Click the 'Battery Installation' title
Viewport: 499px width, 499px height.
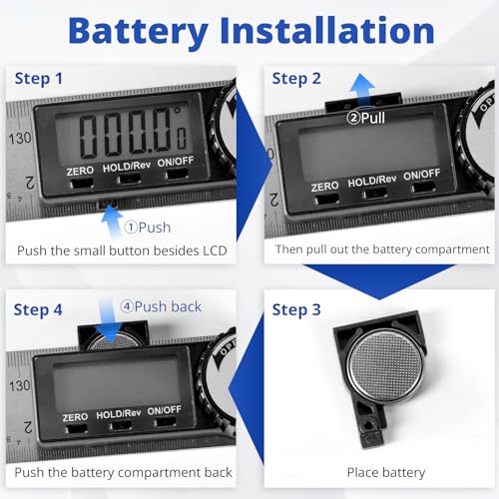click(251, 31)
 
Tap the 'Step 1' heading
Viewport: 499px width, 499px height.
click(39, 79)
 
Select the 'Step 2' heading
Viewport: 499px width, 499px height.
click(296, 79)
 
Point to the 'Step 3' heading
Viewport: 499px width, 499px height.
click(296, 310)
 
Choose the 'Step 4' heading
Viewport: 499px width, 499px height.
click(38, 310)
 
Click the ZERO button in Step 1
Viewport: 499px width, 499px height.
click(81, 184)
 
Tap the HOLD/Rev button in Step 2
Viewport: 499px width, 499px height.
click(375, 194)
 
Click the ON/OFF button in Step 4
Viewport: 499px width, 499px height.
click(166, 422)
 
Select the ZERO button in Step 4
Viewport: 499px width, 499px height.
click(76, 429)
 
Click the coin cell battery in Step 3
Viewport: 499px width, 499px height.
click(385, 364)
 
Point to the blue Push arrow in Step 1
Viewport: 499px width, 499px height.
click(112, 222)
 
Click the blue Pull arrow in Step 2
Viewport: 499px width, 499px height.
click(362, 89)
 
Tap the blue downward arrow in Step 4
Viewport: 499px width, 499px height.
click(107, 320)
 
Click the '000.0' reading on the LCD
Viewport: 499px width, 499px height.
click(125, 133)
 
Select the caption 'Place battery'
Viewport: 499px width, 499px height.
click(386, 472)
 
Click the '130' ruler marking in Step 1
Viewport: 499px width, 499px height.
click(20, 139)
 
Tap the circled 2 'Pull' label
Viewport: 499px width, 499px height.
click(365, 118)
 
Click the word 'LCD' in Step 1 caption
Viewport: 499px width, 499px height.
click(215, 250)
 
